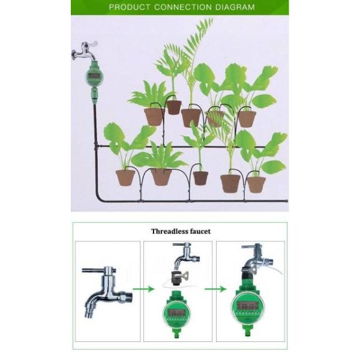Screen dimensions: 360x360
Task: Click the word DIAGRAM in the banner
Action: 235,7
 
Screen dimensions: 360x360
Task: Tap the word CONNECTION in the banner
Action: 183,7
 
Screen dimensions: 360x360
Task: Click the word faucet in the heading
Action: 200,232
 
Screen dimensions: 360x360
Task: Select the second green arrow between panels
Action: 216,289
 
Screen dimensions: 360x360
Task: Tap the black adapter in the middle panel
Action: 177,278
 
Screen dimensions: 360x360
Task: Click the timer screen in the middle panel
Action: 176,312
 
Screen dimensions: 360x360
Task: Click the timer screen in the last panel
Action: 247,305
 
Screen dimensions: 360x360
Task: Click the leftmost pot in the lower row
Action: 125,178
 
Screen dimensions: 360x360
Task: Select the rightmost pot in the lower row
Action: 256,184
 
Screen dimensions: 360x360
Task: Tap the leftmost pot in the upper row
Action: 154,117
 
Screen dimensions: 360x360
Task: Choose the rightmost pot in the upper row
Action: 247,119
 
